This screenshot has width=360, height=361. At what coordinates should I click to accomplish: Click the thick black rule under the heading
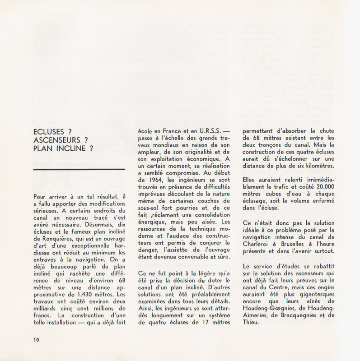pos(79,169)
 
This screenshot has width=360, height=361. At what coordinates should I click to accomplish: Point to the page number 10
pos(36,340)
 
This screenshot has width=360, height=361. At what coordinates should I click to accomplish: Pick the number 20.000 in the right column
pos(321,186)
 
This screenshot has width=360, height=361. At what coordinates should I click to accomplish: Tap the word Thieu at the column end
pos(252,323)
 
